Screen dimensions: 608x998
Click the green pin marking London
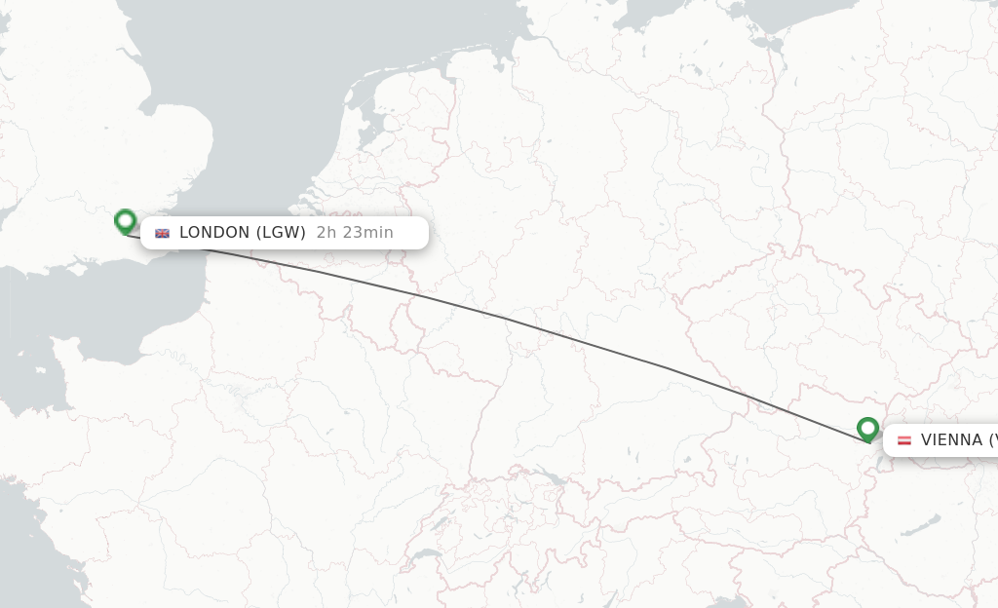coord(125,221)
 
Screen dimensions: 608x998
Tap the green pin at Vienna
coord(867,429)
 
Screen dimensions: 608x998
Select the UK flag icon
coord(162,233)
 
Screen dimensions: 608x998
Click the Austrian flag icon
coord(903,440)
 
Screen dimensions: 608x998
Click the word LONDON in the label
coord(214,233)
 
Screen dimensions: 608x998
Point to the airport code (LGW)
coord(282,233)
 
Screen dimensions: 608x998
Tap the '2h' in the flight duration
coord(326,233)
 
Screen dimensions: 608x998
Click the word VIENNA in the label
coord(951,440)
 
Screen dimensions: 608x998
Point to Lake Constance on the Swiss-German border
coord(552,477)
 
